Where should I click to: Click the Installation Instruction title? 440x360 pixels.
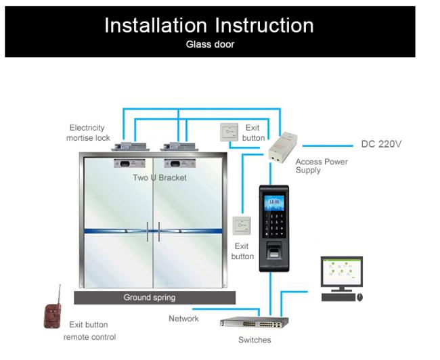(x=208, y=25)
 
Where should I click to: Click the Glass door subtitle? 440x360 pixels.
(x=210, y=45)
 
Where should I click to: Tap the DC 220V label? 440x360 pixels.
(x=381, y=144)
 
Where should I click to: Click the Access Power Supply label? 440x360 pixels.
(x=322, y=166)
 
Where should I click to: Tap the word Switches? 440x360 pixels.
(x=255, y=340)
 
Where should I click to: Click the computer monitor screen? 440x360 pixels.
(x=341, y=272)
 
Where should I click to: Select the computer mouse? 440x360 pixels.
(x=359, y=297)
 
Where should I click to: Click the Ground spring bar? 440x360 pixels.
(x=154, y=297)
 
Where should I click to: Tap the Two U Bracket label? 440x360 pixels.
(x=160, y=177)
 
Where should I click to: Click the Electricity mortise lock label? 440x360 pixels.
(x=88, y=133)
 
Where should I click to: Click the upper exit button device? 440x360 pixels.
(x=229, y=131)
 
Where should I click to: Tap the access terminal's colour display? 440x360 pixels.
(x=274, y=202)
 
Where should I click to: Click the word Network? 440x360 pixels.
(x=183, y=318)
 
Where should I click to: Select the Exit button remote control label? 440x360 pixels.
(x=89, y=330)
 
